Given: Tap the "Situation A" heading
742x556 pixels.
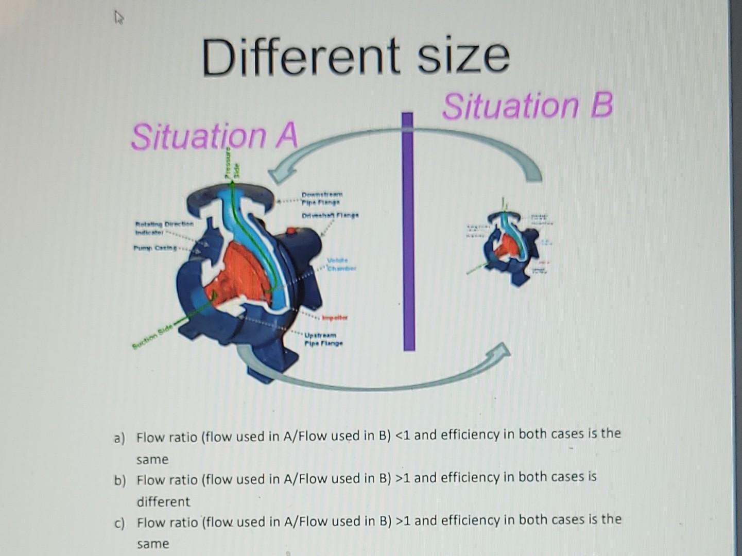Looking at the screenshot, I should tap(215, 136).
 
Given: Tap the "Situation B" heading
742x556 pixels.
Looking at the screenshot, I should tap(528, 106).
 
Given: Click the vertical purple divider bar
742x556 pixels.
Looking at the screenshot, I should tap(409, 232).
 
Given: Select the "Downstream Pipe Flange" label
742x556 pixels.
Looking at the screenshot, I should tap(322, 199).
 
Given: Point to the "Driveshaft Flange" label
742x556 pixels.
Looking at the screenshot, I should tap(330, 215).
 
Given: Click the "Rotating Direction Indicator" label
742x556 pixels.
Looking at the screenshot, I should tap(164, 228).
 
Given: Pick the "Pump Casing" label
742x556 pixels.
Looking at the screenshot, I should tap(154, 248).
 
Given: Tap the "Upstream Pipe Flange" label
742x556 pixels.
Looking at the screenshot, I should tap(323, 339).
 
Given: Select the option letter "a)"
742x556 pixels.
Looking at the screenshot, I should tap(119, 438).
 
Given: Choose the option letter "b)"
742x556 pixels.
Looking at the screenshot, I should tap(120, 481).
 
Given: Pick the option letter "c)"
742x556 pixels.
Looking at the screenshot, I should tap(119, 524).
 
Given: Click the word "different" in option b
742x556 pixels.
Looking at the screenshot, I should tap(163, 501).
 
